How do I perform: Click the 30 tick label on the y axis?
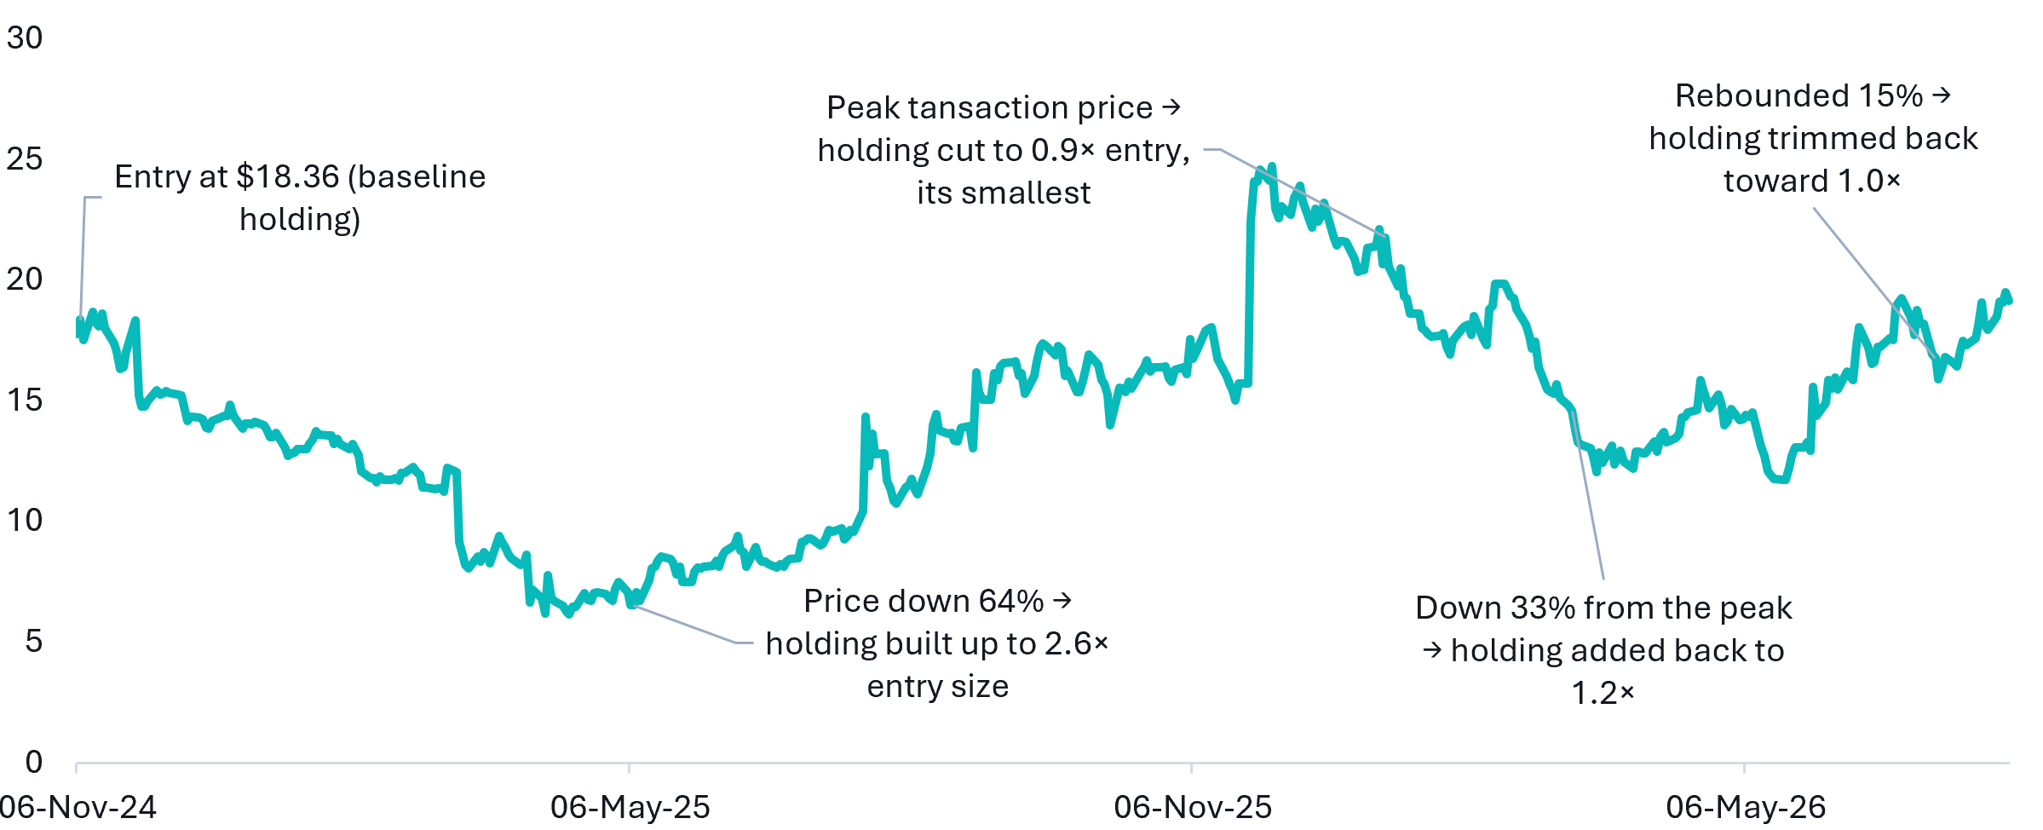(25, 37)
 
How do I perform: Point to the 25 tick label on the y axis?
(25, 159)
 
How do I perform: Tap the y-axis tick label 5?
(34, 641)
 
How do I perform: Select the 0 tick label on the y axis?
(34, 762)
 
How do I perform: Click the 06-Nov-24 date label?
(78, 807)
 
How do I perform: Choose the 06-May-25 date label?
(630, 807)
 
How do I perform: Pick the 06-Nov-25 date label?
(1193, 807)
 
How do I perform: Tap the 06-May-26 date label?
(1746, 807)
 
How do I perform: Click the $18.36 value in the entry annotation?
(288, 177)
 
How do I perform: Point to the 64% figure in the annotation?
(1010, 602)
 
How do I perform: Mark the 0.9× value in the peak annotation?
(1063, 151)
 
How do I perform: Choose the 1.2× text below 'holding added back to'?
(1603, 694)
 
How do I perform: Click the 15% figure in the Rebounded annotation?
(1890, 96)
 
